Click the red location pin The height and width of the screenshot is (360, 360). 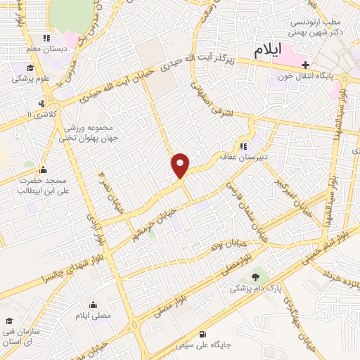click(x=181, y=165)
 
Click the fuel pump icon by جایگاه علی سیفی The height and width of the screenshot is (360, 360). click(x=202, y=334)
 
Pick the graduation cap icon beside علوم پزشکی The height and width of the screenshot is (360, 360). click(x=30, y=68)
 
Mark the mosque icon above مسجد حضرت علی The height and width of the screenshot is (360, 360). click(x=44, y=169)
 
